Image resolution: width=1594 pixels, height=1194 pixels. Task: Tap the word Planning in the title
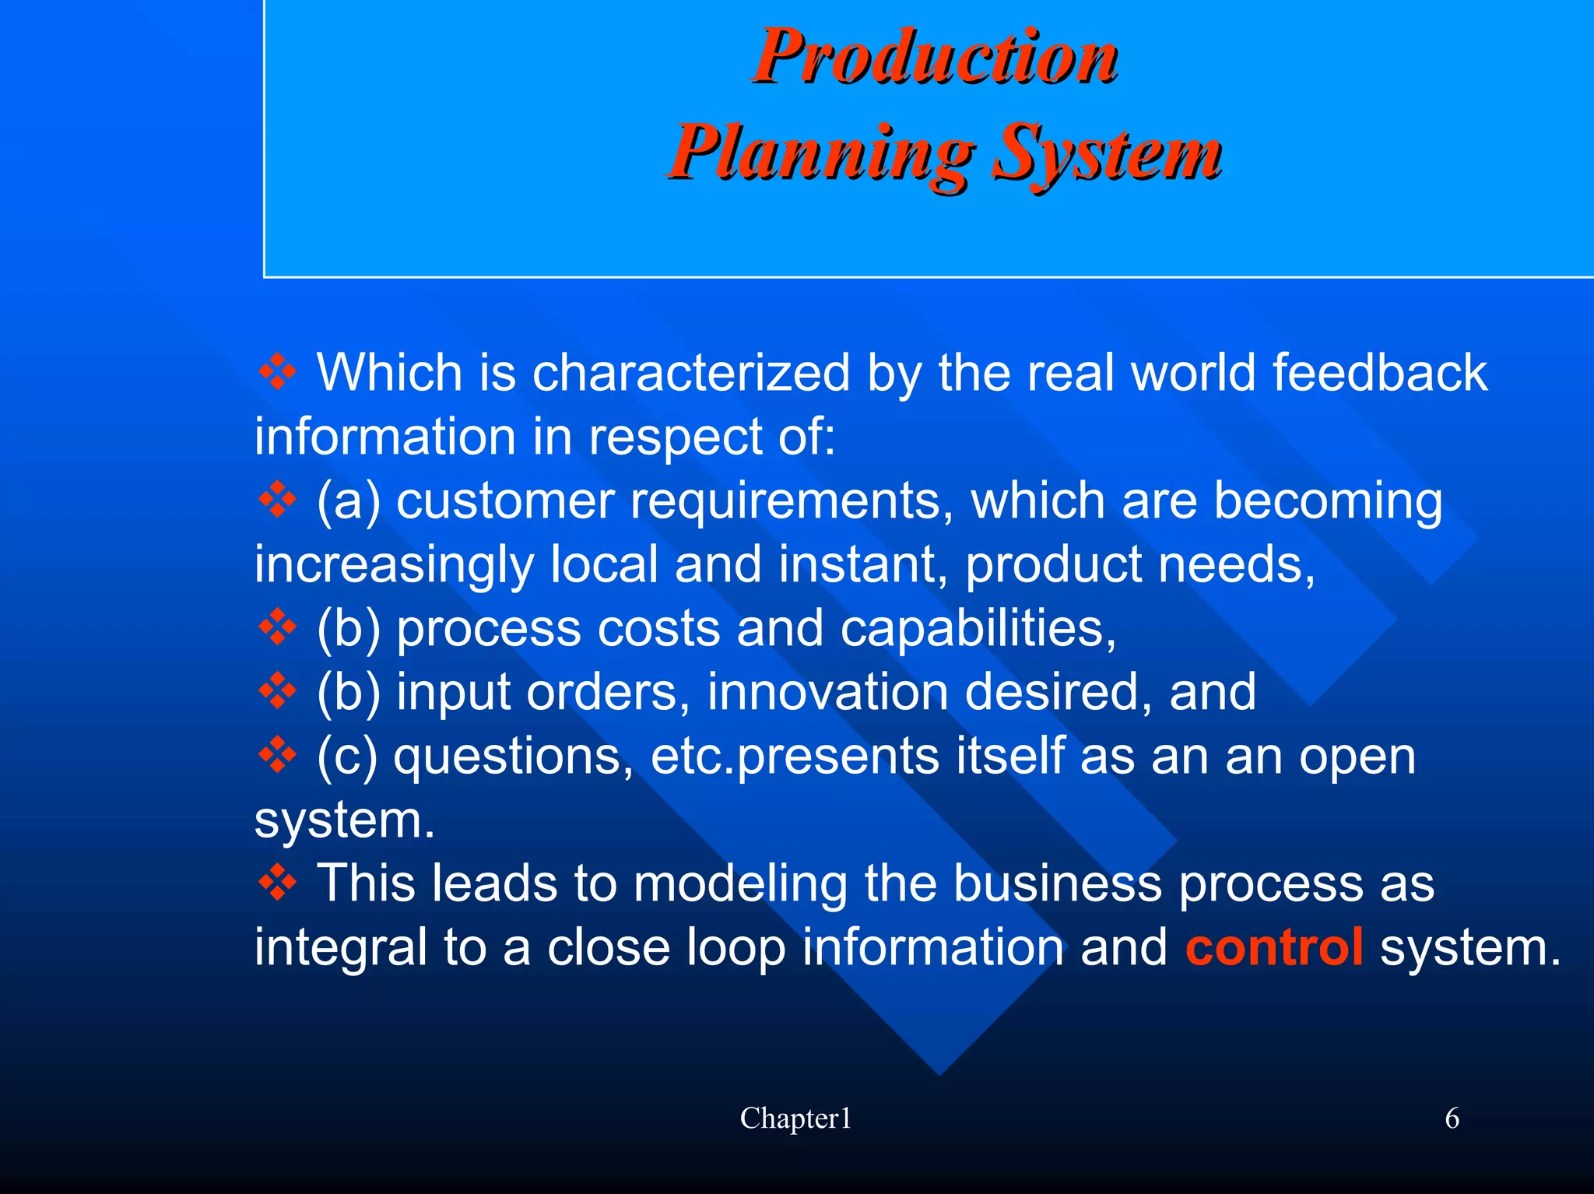click(x=821, y=153)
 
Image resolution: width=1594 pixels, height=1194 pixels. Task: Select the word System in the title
click(x=1108, y=153)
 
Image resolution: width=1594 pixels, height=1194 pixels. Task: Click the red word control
click(x=1274, y=947)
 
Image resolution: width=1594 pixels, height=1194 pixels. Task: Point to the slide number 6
click(x=1452, y=1118)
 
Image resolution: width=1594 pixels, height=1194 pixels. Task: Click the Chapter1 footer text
click(x=795, y=1118)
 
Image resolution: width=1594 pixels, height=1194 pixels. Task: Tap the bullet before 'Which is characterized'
click(x=277, y=372)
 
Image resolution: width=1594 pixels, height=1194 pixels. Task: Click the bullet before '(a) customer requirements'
click(x=277, y=500)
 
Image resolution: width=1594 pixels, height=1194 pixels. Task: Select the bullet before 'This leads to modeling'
click(x=277, y=883)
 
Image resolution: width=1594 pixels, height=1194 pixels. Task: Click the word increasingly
click(x=394, y=564)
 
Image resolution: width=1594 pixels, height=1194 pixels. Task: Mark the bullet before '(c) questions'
click(x=277, y=755)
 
